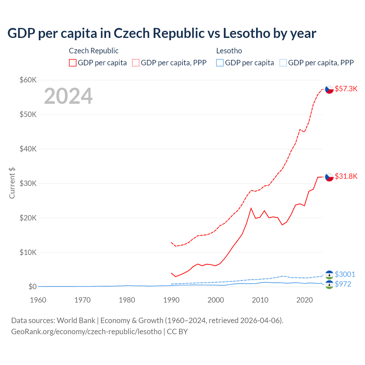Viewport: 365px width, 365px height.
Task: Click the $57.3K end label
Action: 346,89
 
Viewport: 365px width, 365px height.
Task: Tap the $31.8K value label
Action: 346,176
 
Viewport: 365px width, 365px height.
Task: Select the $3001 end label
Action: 345,274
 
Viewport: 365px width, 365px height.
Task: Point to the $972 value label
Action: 343,284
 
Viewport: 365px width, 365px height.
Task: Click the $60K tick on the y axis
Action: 28,80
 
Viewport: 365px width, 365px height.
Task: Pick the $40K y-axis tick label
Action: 28,149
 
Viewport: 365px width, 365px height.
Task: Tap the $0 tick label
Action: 33,287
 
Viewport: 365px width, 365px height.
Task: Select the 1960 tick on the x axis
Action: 38,300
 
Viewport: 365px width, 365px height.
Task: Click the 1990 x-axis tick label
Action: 171,300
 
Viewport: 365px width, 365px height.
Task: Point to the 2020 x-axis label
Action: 305,300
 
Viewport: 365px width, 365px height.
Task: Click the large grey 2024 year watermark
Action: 68,96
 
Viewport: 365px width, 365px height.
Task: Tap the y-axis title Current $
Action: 12,183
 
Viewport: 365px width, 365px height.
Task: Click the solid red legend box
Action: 73,63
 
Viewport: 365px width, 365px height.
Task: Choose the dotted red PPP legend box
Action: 136,63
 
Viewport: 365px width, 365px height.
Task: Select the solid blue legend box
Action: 220,63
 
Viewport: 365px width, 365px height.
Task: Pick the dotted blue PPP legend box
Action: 283,63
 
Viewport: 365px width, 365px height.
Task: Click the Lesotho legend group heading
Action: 229,51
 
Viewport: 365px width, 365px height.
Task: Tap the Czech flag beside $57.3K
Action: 329,89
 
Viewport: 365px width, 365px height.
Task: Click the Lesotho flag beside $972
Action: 329,284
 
